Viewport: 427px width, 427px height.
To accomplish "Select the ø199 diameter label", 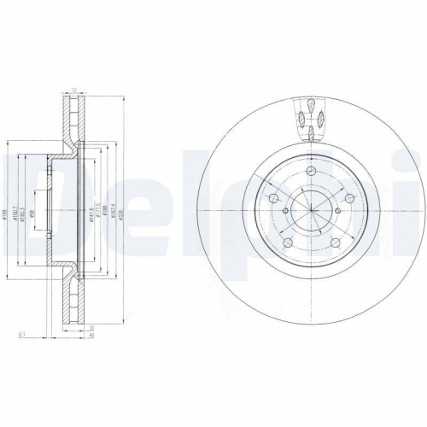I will click(5, 216).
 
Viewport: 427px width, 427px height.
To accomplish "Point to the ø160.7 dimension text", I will click(15, 216).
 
